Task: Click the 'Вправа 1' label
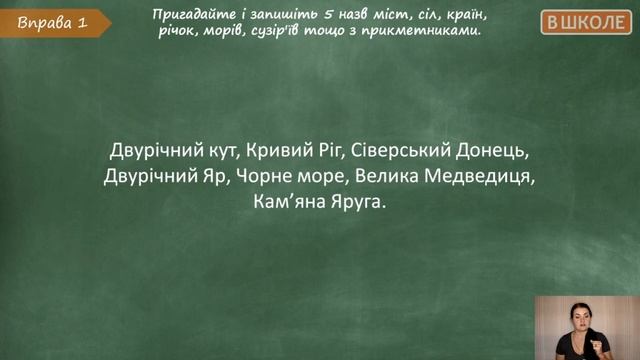[46, 23]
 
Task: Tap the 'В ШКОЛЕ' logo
[587, 22]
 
